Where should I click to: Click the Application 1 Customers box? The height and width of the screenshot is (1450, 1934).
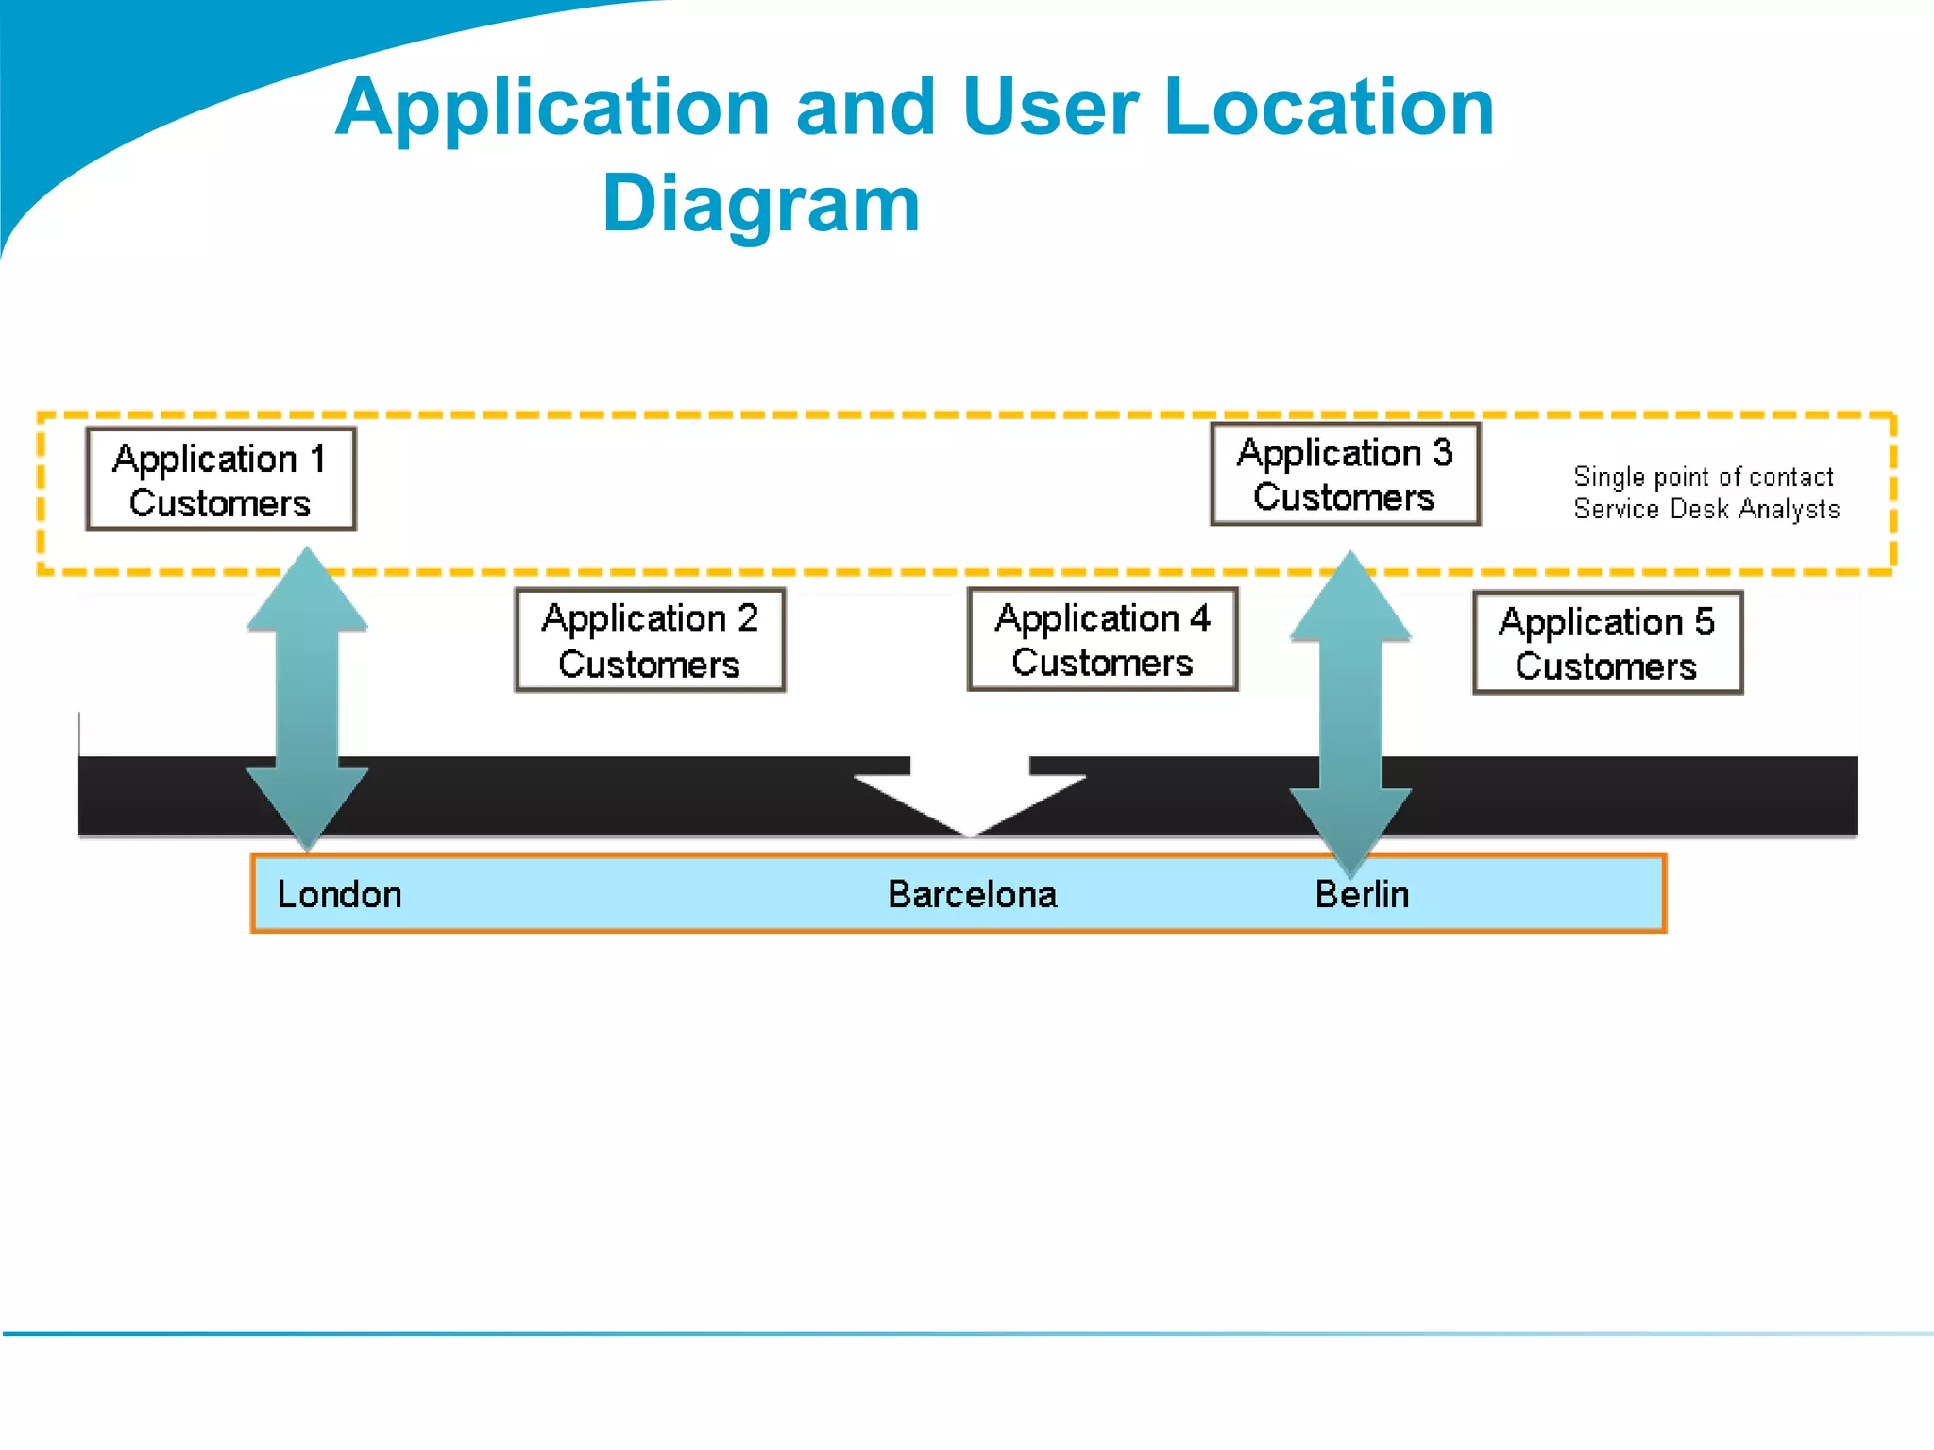(220, 480)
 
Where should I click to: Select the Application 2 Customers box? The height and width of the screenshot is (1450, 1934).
(650, 640)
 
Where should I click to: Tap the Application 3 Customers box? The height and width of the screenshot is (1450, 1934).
(1345, 474)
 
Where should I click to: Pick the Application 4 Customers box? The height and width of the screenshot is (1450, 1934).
(1102, 639)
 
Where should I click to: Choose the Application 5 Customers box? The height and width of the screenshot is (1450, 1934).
(1607, 643)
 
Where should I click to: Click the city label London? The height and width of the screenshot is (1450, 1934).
(339, 894)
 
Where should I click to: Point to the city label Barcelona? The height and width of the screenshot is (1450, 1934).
(972, 894)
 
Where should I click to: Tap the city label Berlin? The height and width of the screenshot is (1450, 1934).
(1362, 894)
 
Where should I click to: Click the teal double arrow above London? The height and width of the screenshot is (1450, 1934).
(307, 699)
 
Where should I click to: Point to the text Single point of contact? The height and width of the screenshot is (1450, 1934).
(1704, 477)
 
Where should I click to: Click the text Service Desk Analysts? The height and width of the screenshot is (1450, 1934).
(1706, 509)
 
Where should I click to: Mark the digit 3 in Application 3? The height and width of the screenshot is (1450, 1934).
(1442, 452)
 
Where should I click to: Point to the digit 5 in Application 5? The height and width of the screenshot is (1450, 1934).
(1704, 621)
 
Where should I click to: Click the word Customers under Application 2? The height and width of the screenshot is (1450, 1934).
(649, 664)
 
